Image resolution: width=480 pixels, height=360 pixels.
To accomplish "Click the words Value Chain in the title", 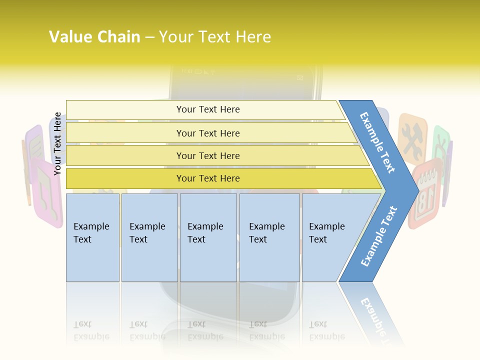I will (94, 36).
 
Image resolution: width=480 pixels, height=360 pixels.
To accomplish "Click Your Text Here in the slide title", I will (215, 36).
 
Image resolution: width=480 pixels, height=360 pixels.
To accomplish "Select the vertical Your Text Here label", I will (57, 144).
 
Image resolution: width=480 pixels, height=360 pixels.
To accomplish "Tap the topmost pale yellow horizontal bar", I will (207, 109).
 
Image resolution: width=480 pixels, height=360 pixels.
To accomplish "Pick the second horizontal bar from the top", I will (207, 133).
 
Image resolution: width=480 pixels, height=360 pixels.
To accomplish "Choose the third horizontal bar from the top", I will (207, 155).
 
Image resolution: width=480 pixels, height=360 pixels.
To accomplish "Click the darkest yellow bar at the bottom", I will (207, 178).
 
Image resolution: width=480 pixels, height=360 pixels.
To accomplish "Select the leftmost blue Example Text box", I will (92, 237).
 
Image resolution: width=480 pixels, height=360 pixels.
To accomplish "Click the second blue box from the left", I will (149, 237).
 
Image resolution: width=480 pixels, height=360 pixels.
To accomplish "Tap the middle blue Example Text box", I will (208, 237).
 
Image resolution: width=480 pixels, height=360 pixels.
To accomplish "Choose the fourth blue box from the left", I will (269, 237).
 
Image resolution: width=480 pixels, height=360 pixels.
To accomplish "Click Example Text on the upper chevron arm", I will (378, 142).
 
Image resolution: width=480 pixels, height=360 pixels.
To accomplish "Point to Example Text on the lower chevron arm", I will (379, 236).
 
